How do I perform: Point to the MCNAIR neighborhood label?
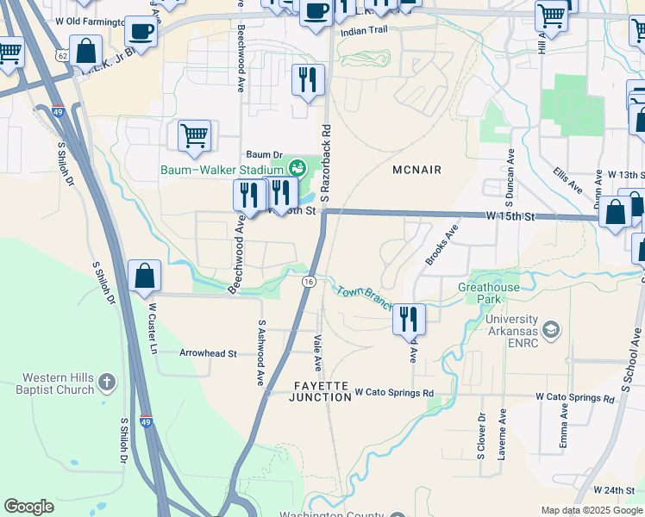[416, 170]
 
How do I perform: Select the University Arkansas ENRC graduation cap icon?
[551, 329]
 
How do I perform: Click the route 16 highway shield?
[308, 282]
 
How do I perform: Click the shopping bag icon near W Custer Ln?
[145, 277]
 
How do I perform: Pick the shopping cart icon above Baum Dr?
[195, 134]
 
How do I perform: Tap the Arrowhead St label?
[208, 353]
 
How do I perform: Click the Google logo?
[28, 507]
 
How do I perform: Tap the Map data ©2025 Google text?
[592, 510]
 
